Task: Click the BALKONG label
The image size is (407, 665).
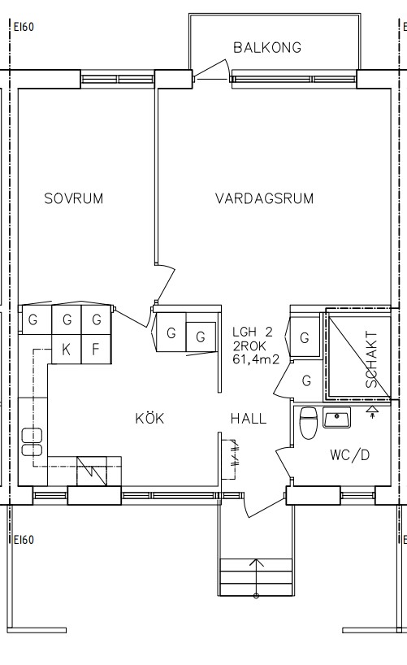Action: click(x=267, y=47)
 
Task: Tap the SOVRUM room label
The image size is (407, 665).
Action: click(x=74, y=198)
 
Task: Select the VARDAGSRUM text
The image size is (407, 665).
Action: click(x=265, y=198)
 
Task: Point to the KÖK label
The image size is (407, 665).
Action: click(x=149, y=418)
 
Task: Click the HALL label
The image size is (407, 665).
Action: click(x=249, y=419)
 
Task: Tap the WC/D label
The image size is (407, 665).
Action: click(x=350, y=455)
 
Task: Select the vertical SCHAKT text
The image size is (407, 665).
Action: click(x=371, y=359)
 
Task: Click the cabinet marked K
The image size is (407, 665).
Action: click(x=66, y=349)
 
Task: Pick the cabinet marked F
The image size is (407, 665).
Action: click(x=96, y=349)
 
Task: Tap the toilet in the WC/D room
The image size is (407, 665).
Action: click(x=308, y=424)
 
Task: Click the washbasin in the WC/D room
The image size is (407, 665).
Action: click(x=336, y=417)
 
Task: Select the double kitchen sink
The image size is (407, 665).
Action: click(x=32, y=442)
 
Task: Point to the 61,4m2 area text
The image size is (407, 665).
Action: click(x=256, y=359)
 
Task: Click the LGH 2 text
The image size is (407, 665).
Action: click(x=253, y=332)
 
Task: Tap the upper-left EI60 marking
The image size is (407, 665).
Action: click(x=24, y=27)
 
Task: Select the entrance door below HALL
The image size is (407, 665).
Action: click(x=264, y=506)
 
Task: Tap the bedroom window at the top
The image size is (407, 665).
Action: click(x=117, y=79)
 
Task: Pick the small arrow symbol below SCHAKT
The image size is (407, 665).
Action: click(x=372, y=411)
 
